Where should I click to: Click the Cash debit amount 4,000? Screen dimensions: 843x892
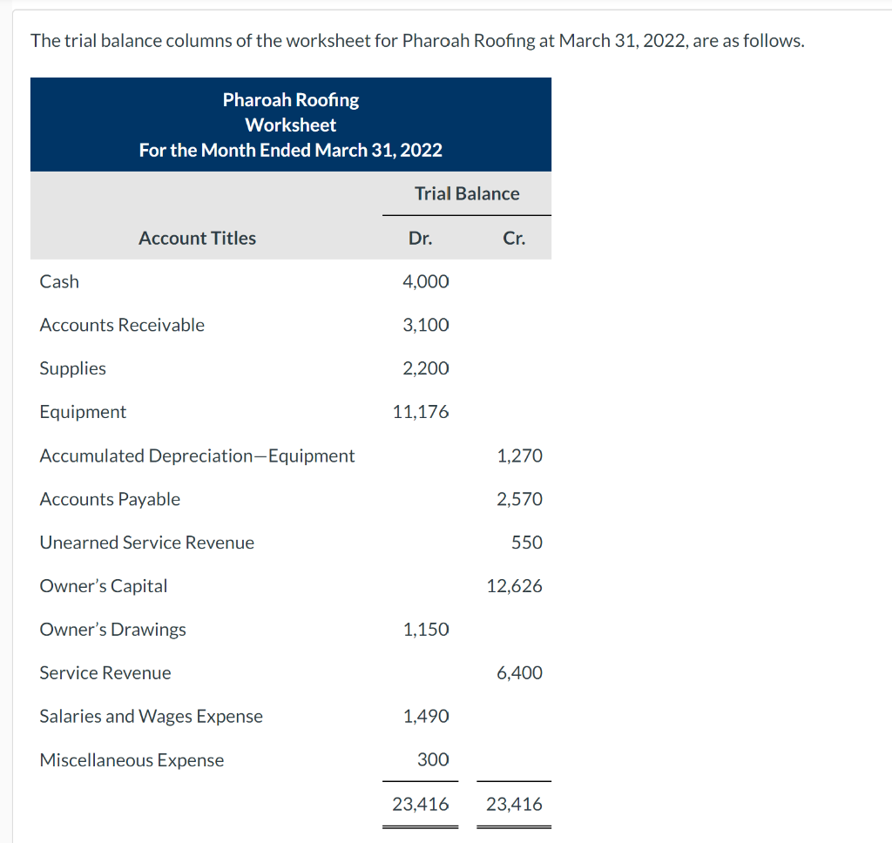(426, 281)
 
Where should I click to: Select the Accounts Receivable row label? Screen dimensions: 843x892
(122, 325)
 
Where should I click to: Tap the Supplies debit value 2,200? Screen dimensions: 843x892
(426, 368)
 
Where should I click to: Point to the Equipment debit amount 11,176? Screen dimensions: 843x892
(422, 412)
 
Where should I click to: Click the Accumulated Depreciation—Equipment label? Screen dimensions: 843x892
(197, 455)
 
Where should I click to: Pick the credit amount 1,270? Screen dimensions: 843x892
(519, 455)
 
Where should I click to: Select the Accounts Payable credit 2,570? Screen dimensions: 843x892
(519, 499)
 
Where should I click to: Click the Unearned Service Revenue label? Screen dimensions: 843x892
(147, 543)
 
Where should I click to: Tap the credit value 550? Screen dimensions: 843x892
(527, 543)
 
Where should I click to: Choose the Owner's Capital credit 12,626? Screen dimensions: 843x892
(515, 586)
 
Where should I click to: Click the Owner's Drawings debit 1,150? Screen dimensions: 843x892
(426, 630)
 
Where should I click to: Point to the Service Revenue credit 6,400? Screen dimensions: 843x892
(519, 673)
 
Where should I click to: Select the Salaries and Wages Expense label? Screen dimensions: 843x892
(152, 717)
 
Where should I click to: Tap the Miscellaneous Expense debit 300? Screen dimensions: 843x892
(433, 760)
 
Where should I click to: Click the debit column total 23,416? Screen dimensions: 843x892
(421, 804)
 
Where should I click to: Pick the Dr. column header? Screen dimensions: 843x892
(420, 238)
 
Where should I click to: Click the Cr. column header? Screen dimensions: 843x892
(514, 238)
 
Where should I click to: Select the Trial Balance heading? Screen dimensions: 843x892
(467, 193)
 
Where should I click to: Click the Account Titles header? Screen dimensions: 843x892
(197, 238)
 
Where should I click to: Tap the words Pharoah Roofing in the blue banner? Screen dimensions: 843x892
(291, 100)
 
